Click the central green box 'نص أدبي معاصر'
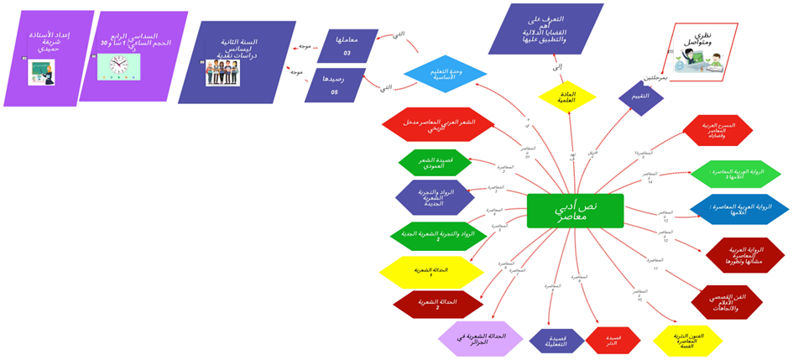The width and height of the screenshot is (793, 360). pos(576,211)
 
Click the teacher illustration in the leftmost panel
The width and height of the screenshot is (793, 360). pos(39,71)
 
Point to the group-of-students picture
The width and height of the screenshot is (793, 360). pos(222,70)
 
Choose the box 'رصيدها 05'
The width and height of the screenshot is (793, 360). pos(335,85)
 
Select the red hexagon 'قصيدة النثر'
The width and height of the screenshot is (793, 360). pos(613,340)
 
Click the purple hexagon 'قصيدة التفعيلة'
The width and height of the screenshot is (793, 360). pos(556,341)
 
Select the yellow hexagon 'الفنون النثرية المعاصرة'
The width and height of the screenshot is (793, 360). pos(687,340)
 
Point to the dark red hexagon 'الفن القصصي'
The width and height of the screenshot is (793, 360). pos(727,302)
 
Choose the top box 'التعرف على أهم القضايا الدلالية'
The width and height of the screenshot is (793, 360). pos(546,29)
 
